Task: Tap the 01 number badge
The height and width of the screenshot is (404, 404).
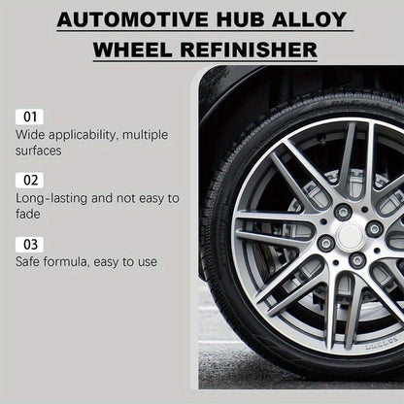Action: [x=29, y=117]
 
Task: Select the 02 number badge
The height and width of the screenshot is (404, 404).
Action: [x=29, y=180]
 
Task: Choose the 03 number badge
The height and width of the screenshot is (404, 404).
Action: [x=29, y=243]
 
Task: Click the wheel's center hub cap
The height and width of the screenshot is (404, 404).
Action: [x=351, y=234]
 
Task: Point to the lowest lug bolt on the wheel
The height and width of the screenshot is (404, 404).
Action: [x=357, y=260]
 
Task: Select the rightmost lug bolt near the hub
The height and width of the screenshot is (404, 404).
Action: [x=375, y=228]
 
